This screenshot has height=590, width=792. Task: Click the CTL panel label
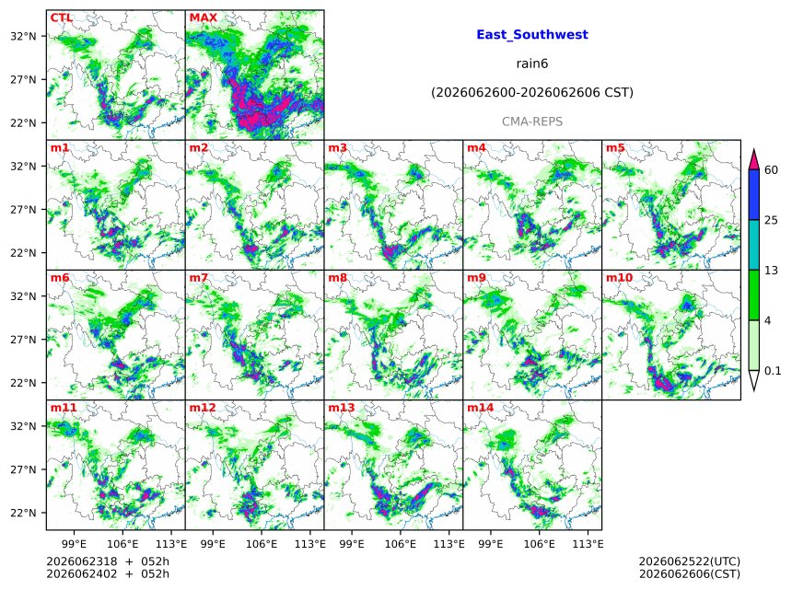coord(61,17)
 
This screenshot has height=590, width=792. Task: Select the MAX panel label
coord(203,17)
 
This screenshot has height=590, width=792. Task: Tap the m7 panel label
coord(199,278)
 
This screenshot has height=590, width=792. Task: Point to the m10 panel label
coord(619,278)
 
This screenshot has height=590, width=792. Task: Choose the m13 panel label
coord(342,408)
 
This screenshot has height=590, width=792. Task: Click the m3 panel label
coord(337,147)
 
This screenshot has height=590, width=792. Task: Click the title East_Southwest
coord(532,35)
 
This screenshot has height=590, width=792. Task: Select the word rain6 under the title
coord(532,64)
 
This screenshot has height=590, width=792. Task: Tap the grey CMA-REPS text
coord(532,121)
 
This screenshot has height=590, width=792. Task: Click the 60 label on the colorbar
coord(771,169)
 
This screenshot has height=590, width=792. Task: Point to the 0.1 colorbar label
coord(773,371)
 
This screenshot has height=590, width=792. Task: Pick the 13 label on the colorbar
coord(771,271)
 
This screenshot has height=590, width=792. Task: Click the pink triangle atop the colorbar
coord(754,160)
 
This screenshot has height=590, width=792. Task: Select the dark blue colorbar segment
coord(754,194)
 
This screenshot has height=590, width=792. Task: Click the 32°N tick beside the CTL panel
coord(23,36)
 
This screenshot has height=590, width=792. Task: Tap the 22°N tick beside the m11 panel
coord(23,513)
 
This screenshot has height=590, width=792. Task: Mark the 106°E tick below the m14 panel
coord(540,544)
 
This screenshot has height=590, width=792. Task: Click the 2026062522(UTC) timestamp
coord(690,561)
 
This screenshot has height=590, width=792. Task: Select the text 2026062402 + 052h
coord(108,573)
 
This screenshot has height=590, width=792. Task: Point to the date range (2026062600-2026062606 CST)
coord(532,93)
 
